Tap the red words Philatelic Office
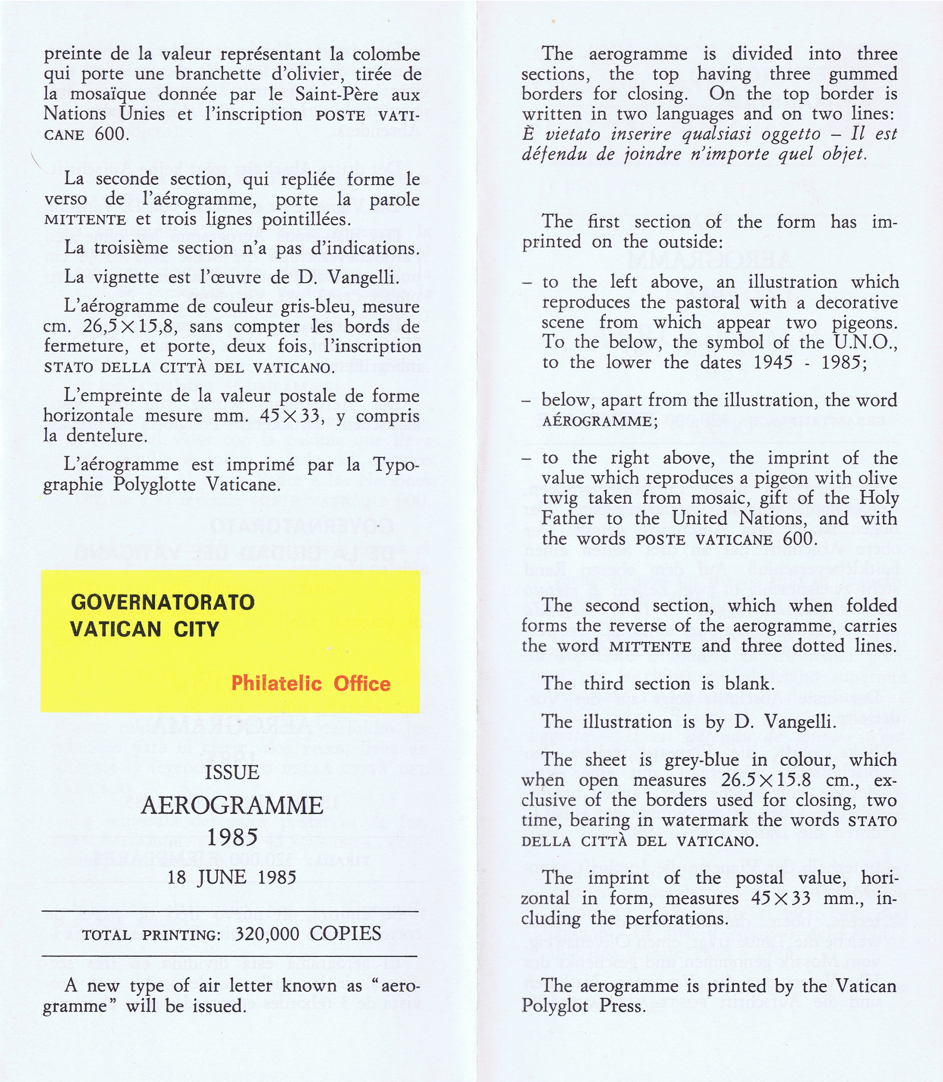click(x=311, y=683)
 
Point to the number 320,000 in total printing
click(x=267, y=934)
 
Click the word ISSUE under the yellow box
click(x=232, y=773)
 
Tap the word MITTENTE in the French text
click(x=85, y=220)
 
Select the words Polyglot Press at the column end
click(x=583, y=1006)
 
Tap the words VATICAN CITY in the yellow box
click(x=144, y=629)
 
